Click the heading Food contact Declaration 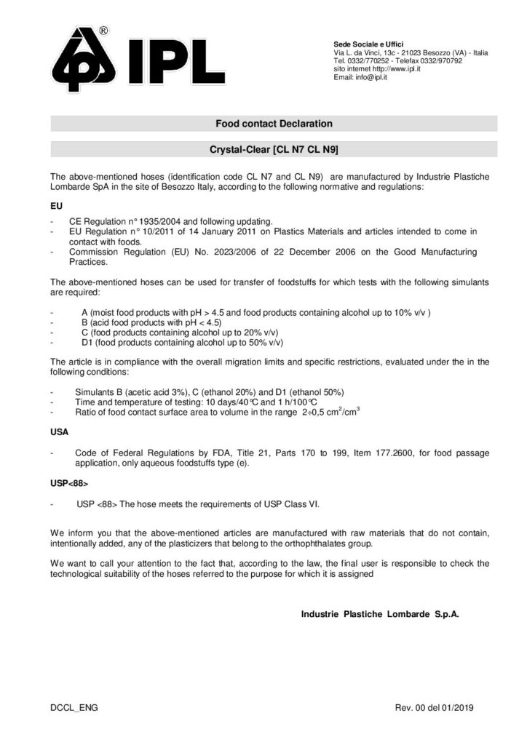(x=274, y=124)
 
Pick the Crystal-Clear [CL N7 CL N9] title (x=274, y=150)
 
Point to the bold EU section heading (x=55, y=206)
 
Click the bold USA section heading (x=59, y=431)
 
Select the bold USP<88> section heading (x=66, y=482)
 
